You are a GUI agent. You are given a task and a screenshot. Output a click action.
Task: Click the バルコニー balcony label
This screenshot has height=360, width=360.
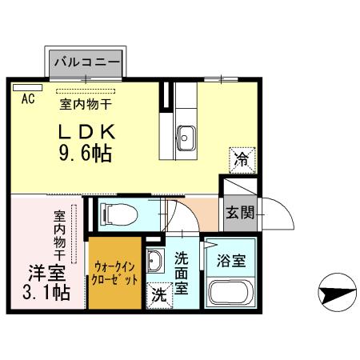[x=86, y=62]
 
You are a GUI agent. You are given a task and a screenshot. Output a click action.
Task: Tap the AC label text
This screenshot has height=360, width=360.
[x=26, y=100]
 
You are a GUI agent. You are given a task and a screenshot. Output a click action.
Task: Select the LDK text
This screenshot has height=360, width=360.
[x=89, y=130]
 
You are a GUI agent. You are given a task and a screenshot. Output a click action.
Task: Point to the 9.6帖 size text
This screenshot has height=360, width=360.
[x=84, y=152]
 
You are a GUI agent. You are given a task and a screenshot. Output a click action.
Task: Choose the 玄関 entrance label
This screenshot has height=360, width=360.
[x=239, y=213]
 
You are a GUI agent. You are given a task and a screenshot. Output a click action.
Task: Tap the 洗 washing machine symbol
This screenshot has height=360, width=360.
[x=159, y=294]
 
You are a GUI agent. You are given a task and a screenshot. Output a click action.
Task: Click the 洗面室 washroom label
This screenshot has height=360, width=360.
[x=182, y=272]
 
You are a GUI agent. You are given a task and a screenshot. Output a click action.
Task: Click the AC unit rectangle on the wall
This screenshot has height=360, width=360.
[x=26, y=86]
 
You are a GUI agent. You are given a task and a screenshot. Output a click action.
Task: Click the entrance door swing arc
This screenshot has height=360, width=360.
[x=272, y=212]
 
